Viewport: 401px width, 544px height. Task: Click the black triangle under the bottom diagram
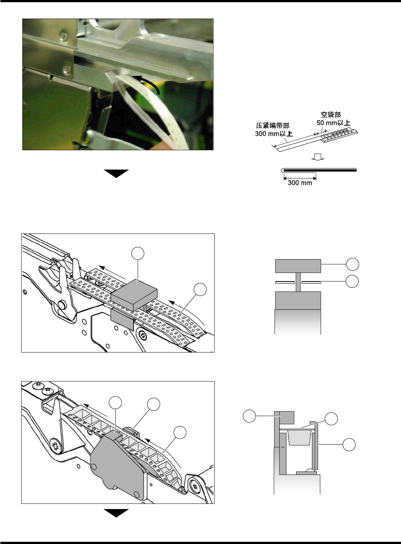point(116,513)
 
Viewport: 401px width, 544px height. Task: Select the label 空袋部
point(331,115)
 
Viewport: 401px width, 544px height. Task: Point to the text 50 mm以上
point(333,123)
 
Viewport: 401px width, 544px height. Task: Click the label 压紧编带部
point(273,126)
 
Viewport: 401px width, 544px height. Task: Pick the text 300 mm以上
point(274,133)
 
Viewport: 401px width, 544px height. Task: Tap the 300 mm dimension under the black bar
point(300,183)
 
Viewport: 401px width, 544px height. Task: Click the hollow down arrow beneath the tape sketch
point(318,157)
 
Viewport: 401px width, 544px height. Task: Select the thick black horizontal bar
point(320,170)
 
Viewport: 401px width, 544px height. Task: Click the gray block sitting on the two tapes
point(134,295)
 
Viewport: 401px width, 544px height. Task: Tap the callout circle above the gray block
point(138,254)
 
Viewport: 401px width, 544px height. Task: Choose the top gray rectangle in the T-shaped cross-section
point(298,266)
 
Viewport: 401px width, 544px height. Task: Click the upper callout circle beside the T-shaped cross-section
point(352,264)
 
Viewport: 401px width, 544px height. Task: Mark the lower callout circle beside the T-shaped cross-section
point(352,281)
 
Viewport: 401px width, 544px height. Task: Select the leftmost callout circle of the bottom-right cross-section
point(250,416)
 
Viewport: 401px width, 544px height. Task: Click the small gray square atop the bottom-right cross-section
point(287,418)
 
